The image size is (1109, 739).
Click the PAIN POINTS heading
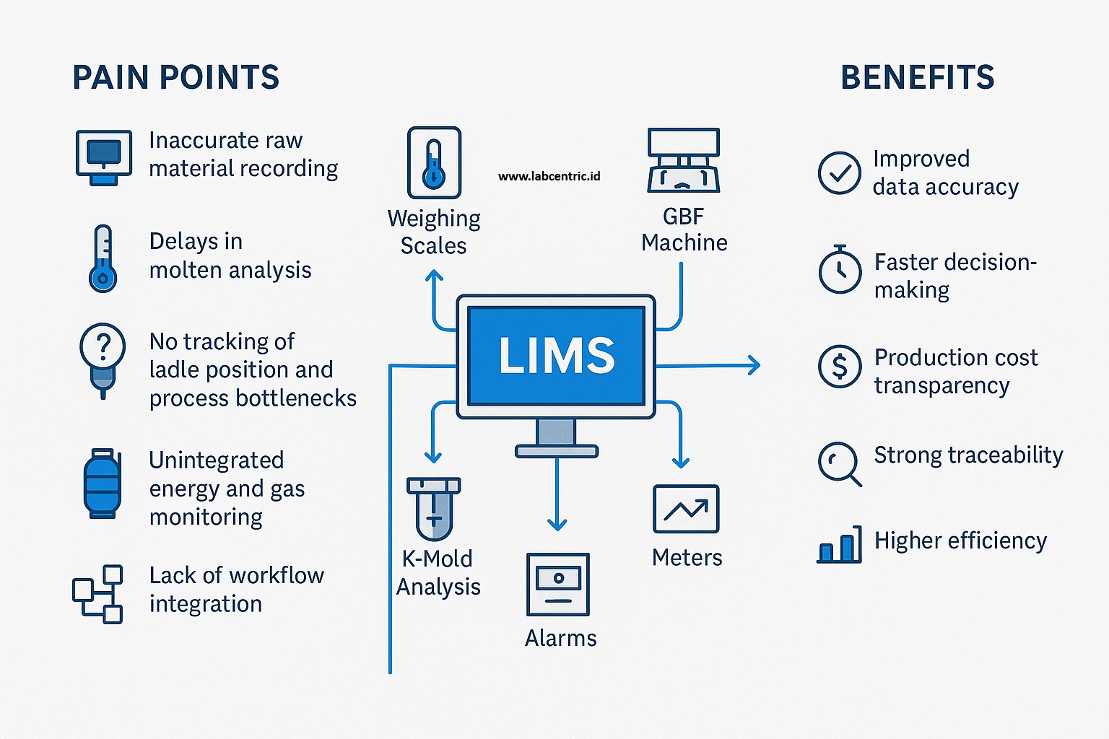(175, 77)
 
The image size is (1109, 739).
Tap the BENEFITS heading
(917, 77)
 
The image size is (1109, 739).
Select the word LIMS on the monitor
(556, 355)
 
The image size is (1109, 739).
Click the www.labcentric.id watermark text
(549, 176)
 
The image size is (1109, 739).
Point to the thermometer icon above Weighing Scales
(434, 162)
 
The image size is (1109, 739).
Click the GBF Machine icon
(683, 160)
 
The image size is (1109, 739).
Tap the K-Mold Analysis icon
(433, 508)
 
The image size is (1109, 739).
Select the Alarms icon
(558, 584)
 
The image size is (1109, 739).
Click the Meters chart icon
(686, 509)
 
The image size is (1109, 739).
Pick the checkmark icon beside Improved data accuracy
(839, 172)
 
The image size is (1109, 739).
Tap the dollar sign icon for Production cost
(840, 367)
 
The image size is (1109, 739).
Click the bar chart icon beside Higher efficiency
(840, 545)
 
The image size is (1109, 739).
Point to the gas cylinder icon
(102, 484)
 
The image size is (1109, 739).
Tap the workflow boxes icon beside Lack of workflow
(97, 594)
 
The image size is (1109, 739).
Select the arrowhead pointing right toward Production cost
(754, 365)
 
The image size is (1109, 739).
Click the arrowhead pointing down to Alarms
(557, 524)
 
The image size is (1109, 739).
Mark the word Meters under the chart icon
(687, 557)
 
